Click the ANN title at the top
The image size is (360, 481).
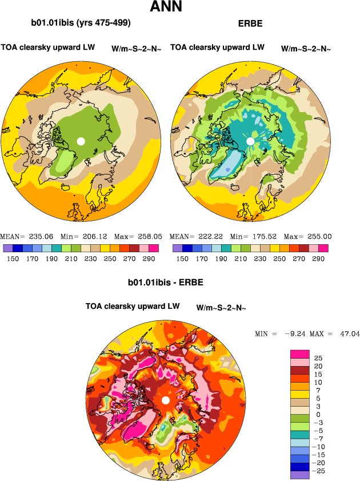[x=166, y=7]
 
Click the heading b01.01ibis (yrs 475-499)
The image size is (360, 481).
[x=81, y=23]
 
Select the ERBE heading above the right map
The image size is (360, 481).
[x=249, y=23]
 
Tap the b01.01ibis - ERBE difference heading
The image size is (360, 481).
[x=166, y=283]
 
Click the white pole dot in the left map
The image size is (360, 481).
[x=81, y=141]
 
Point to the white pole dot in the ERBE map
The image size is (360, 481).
[x=250, y=141]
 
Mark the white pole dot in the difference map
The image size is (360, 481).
[x=165, y=400]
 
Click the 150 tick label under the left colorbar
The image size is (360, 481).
[x=13, y=259]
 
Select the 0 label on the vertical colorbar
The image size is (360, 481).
[x=317, y=414]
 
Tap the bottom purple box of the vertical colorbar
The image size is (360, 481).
[x=300, y=475]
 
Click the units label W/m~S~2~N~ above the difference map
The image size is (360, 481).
[x=221, y=307]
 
